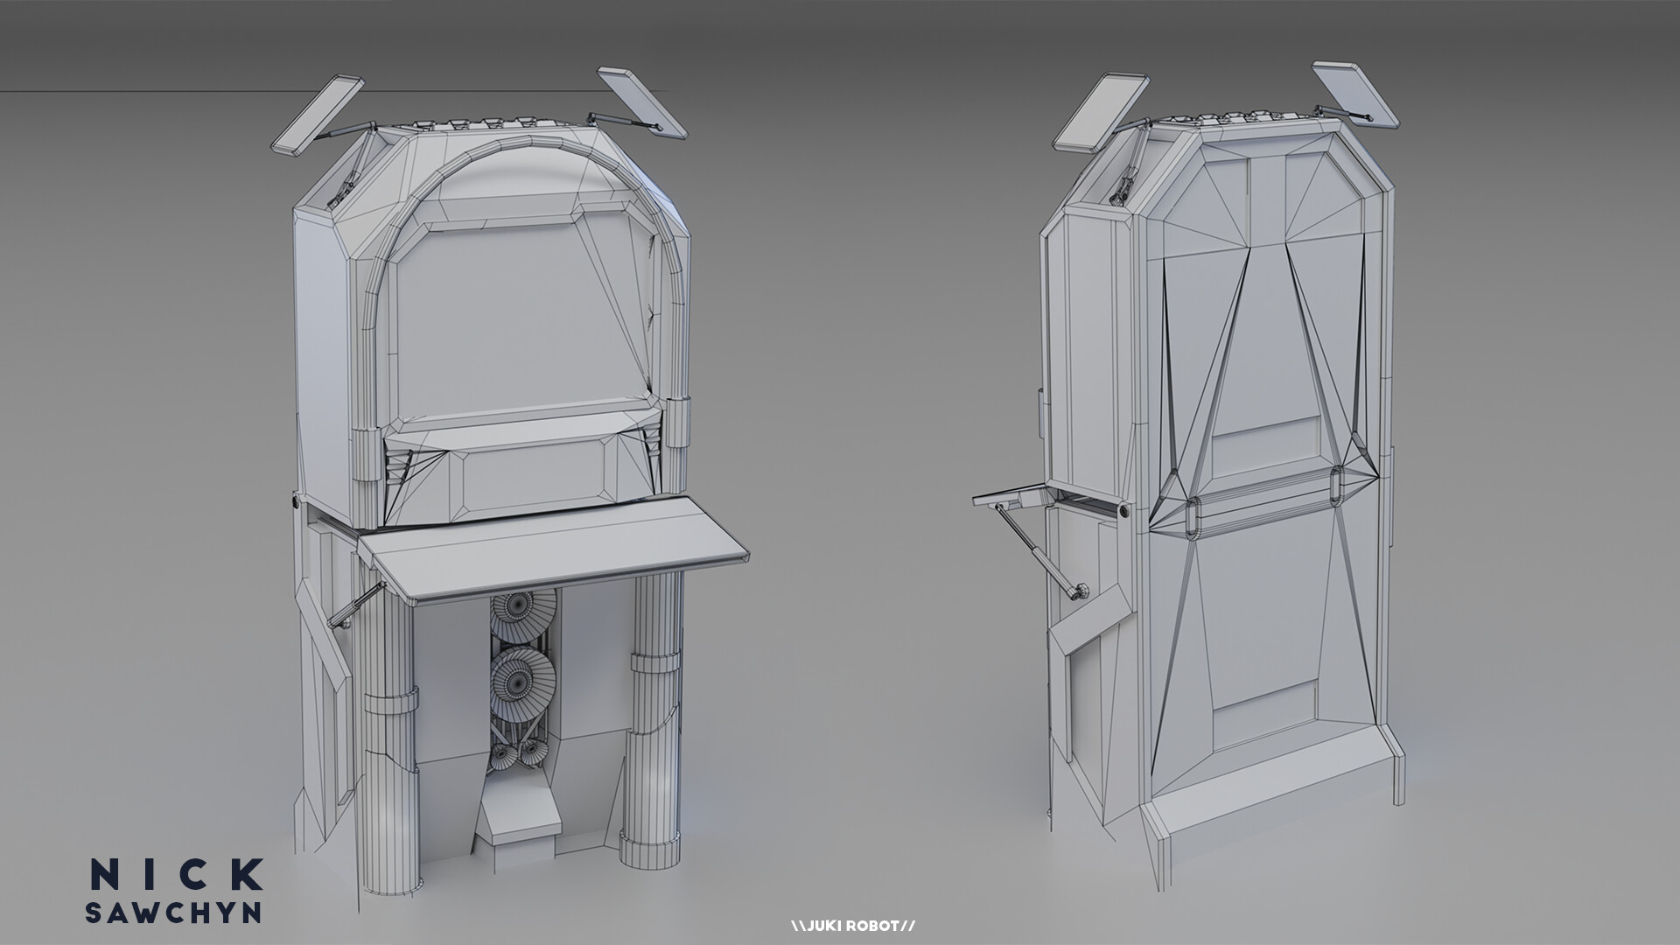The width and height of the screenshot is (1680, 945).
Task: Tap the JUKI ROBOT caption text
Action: pyautogui.click(x=852, y=925)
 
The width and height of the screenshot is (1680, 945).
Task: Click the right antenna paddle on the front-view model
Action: pyautogui.click(x=643, y=102)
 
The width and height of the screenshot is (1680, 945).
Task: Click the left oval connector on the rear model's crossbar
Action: pyautogui.click(x=1194, y=515)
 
